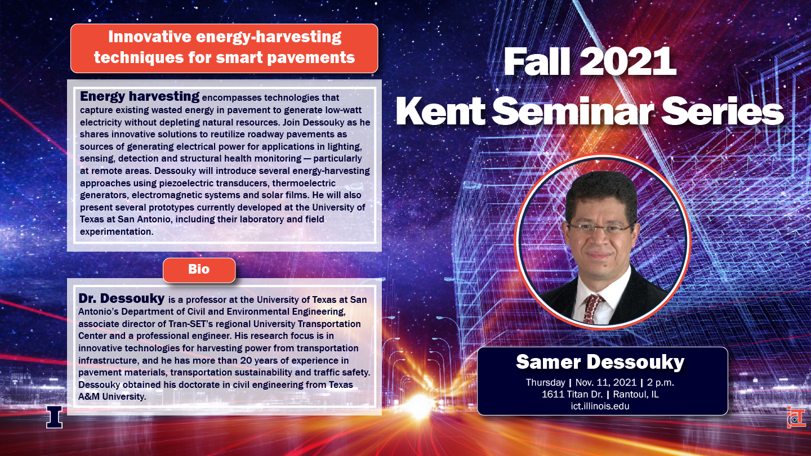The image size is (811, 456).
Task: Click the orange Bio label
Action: tap(199, 270)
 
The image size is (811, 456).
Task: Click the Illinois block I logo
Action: tap(54, 417)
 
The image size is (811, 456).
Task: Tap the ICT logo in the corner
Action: tap(796, 417)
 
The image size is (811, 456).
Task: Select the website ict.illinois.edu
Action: tap(600, 406)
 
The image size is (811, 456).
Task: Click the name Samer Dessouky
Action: tap(600, 363)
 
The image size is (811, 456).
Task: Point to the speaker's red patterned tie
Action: tap(592, 308)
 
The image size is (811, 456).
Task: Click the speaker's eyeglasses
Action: tap(600, 229)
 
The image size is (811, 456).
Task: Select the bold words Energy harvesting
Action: tap(140, 97)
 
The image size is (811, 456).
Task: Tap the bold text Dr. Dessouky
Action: tap(122, 298)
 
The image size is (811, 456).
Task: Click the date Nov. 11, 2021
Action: tap(606, 383)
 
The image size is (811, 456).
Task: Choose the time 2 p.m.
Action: tap(661, 383)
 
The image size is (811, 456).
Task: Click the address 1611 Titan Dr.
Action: tap(572, 394)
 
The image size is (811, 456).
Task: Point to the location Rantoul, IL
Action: tap(636, 394)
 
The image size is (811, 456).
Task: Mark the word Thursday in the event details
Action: tap(545, 383)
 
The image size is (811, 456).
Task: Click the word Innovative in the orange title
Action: tap(150, 37)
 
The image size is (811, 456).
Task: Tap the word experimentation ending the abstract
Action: tap(117, 231)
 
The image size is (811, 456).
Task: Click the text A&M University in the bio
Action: tap(112, 397)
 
